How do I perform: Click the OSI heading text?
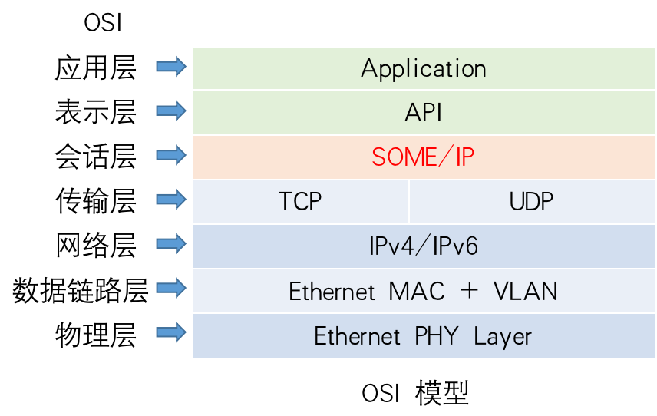pos(103,23)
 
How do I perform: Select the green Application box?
pos(423,68)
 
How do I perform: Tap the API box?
pos(423,113)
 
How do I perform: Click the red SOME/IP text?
pos(423,157)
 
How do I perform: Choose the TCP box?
pos(300,202)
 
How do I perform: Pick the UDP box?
pos(531,202)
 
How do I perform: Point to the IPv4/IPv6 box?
pos(423,246)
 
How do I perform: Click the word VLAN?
pos(525,292)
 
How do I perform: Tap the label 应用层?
pos(95,68)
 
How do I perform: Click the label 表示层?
pos(95,113)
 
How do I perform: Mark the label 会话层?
pos(95,157)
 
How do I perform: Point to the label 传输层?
pos(95,202)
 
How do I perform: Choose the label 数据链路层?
pos(80,292)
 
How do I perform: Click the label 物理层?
pos(95,336)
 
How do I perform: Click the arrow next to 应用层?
pos(171,67)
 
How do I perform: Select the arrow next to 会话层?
pos(171,156)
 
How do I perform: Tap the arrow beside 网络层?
pos(171,245)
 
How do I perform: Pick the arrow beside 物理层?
pos(171,333)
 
